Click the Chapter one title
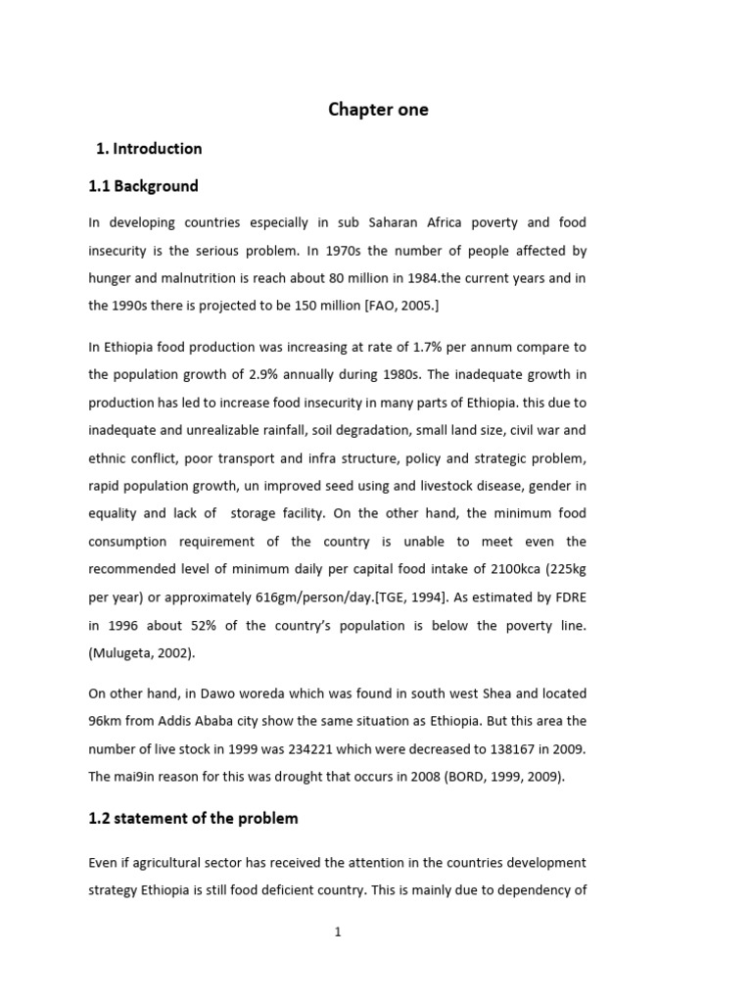[x=377, y=110]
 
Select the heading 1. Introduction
[x=149, y=149]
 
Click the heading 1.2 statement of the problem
[x=193, y=818]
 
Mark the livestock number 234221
[x=342, y=748]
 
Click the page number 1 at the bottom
[x=338, y=932]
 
